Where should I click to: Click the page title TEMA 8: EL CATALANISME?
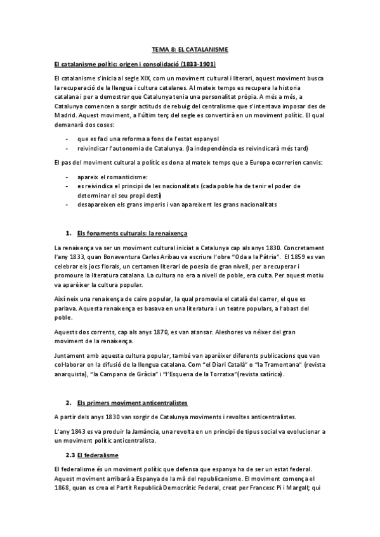pyautogui.click(x=190, y=48)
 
